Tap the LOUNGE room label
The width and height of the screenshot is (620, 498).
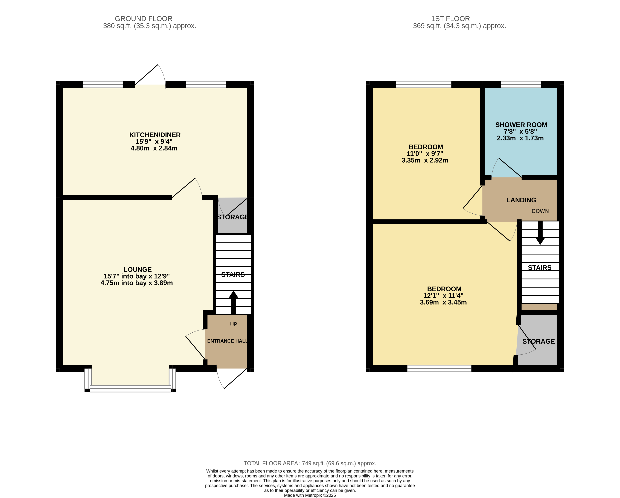138,269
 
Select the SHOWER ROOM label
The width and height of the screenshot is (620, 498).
521,125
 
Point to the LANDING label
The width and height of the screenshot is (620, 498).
521,200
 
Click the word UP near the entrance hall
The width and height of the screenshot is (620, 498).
234,324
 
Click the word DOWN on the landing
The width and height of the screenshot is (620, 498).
540,211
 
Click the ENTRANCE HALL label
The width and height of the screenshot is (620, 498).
227,341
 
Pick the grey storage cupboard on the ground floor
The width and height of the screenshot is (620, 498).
232,216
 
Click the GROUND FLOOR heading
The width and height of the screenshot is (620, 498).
144,19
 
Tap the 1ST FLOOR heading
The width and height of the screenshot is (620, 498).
450,19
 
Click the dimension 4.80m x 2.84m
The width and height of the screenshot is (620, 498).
154,148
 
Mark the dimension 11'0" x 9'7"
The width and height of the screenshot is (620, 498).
425,154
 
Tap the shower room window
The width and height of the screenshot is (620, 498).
521,84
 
